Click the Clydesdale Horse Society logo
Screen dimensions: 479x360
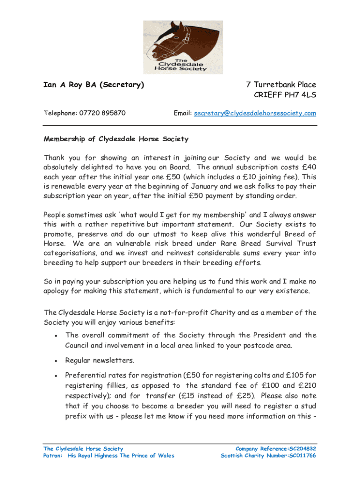[183, 47]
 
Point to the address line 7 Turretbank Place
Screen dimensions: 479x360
[281, 85]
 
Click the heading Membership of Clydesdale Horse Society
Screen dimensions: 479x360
[116, 139]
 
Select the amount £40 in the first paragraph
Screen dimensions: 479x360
[308, 167]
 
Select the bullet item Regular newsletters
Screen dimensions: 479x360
[100, 360]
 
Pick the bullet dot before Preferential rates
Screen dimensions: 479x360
[56, 375]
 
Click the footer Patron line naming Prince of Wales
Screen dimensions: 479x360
[108, 456]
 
